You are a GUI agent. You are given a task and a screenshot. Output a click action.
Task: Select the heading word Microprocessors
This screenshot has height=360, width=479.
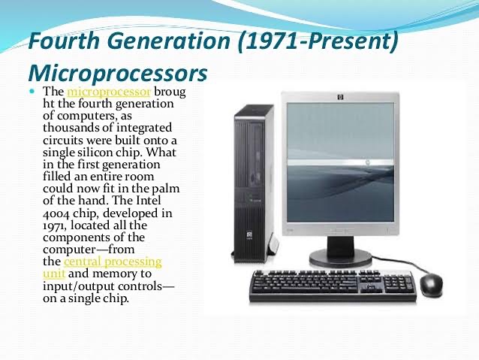coord(116,74)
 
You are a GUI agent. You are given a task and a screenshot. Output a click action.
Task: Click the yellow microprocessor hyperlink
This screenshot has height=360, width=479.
coord(108,92)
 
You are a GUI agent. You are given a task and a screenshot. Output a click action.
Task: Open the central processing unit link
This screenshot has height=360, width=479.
coord(113,261)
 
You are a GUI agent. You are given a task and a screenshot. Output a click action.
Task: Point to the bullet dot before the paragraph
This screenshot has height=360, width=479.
coord(32,91)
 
